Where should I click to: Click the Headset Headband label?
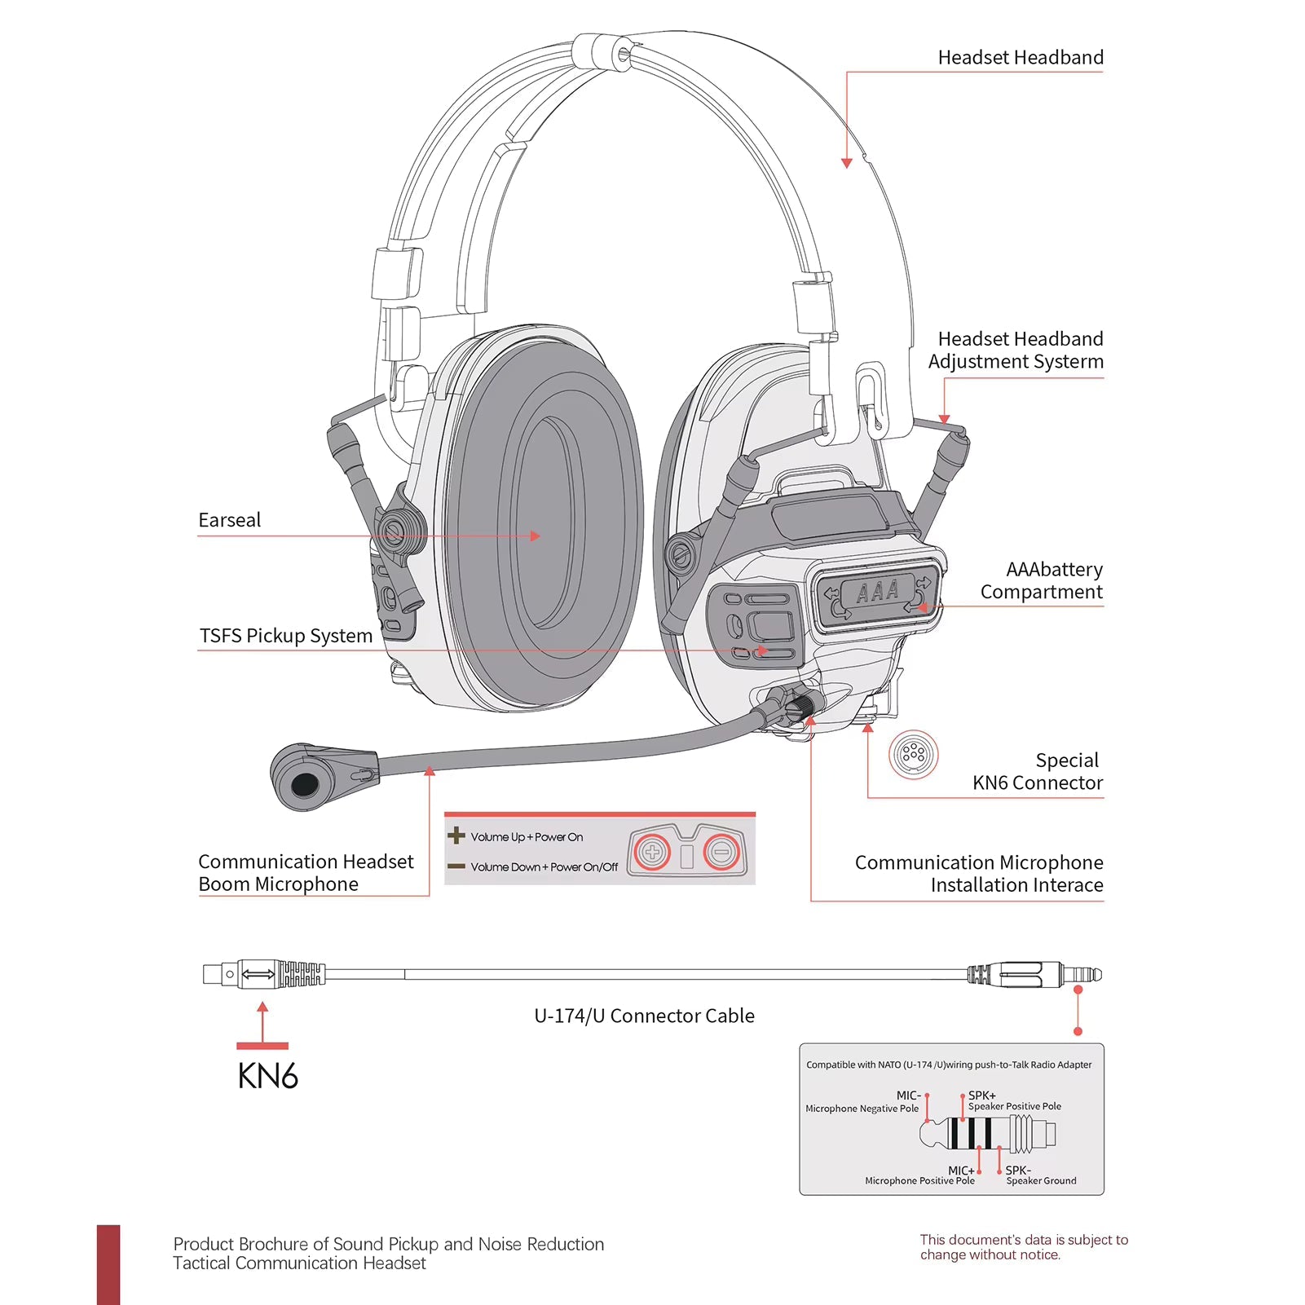click(1020, 58)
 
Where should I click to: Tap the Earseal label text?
click(229, 520)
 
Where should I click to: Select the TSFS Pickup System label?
click(285, 636)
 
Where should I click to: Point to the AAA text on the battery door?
click(877, 591)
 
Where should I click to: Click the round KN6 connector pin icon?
click(913, 754)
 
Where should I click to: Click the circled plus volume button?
click(652, 853)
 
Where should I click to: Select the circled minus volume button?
click(721, 853)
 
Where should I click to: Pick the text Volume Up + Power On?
click(527, 837)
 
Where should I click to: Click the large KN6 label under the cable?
click(267, 1076)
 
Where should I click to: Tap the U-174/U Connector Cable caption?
click(644, 1016)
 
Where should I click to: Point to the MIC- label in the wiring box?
click(908, 1096)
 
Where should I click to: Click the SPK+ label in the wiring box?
click(981, 1096)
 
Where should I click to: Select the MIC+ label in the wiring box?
click(960, 1171)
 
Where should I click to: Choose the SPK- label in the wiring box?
click(1017, 1171)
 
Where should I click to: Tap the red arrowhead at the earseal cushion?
click(536, 536)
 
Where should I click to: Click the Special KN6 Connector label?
click(1037, 771)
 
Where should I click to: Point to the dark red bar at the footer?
click(108, 1263)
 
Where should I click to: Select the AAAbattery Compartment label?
click(1042, 580)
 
